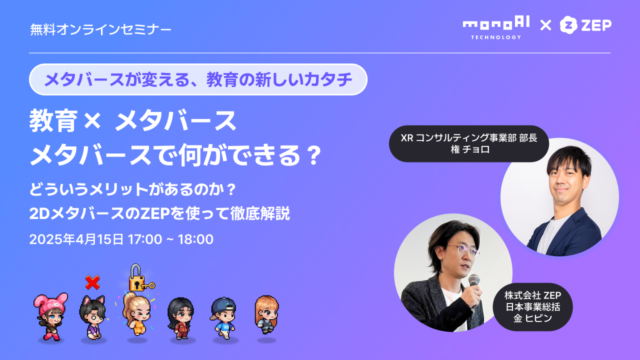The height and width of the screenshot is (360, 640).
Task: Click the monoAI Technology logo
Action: point(496,27)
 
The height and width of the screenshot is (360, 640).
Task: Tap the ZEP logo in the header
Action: point(585,25)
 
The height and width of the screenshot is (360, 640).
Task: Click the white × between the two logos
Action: point(545,25)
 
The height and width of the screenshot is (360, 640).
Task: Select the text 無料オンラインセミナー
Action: point(100,29)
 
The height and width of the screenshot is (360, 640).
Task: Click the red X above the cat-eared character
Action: point(92,282)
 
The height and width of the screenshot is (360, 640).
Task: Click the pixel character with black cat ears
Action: point(93,317)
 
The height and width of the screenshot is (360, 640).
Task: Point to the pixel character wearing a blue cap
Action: point(223,317)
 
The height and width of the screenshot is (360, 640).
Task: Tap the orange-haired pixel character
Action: point(266,315)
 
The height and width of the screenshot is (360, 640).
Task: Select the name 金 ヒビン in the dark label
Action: point(532,318)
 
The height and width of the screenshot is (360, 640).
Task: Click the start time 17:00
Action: point(145,239)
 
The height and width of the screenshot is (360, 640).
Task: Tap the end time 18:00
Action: point(195,239)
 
